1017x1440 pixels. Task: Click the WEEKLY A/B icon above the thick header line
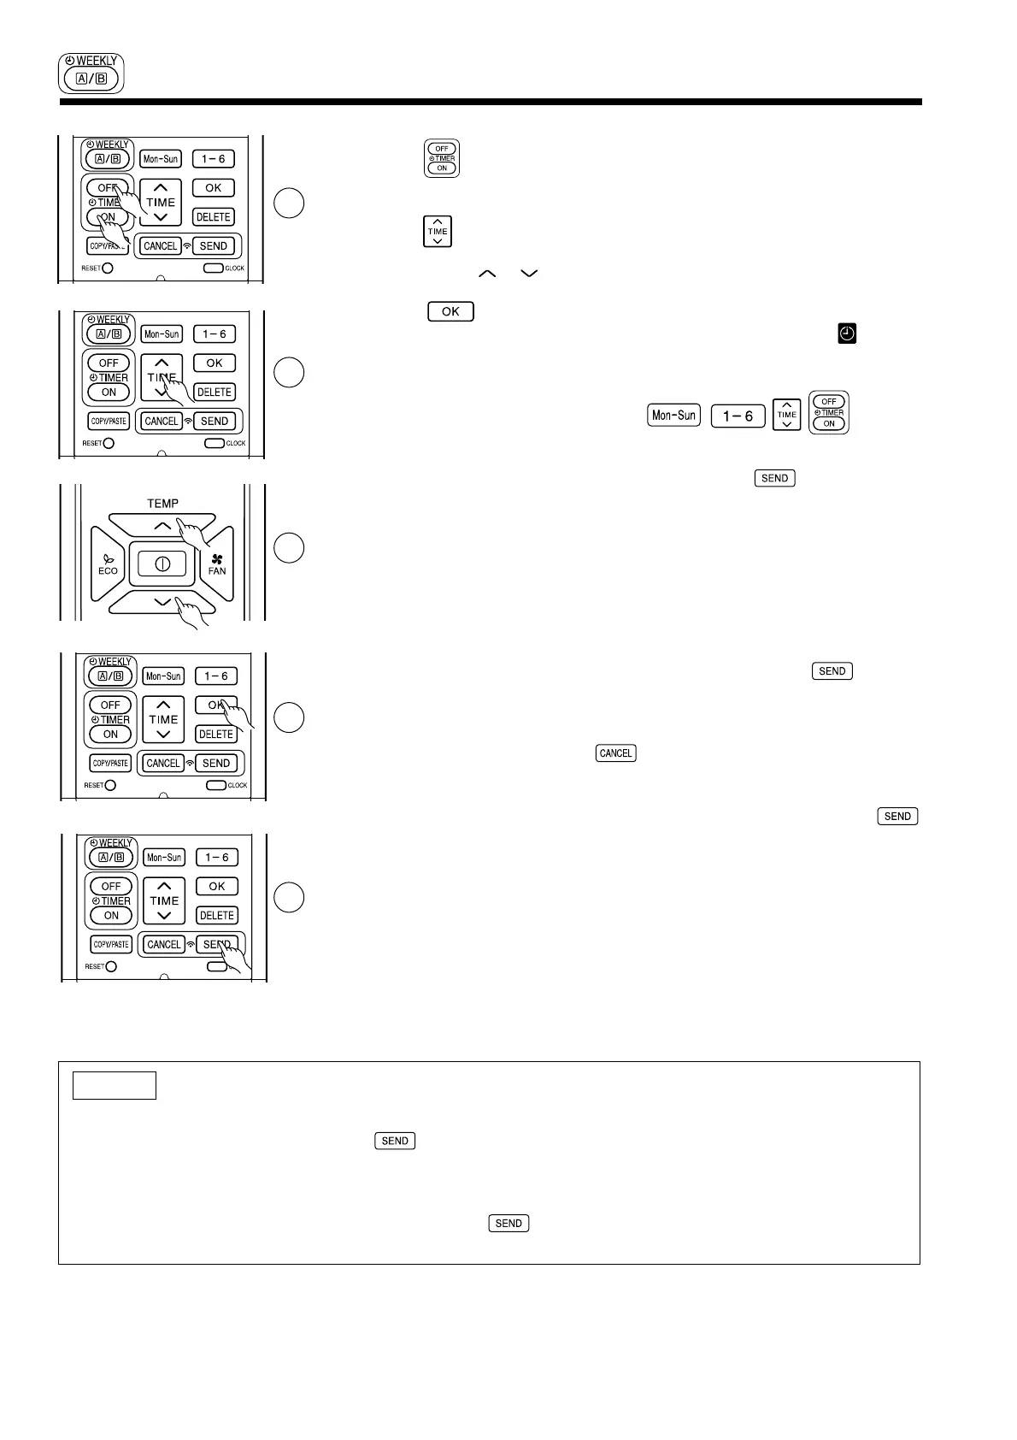91,74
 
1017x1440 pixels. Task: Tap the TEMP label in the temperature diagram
162,504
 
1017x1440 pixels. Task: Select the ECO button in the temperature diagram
108,565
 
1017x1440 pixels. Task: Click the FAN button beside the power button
217,565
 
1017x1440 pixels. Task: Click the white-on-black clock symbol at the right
847,334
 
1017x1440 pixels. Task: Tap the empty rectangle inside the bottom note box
115,1085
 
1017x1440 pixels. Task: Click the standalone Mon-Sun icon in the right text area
674,416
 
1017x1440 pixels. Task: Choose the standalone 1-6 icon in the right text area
738,416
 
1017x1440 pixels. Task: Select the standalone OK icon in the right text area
450,311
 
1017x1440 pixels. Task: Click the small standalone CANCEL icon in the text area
615,753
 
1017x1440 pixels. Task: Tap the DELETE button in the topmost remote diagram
214,217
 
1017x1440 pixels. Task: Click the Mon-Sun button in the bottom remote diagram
164,858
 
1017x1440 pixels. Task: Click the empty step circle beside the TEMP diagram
289,547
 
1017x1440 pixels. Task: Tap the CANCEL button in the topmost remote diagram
161,246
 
